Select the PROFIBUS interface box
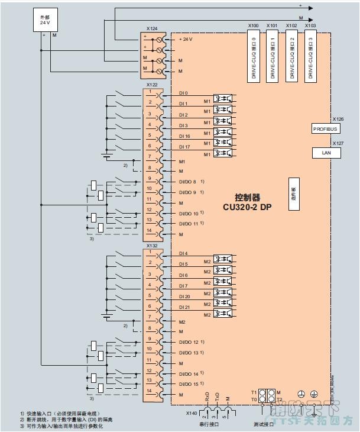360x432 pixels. [x=326, y=128]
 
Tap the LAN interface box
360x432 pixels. [x=326, y=153]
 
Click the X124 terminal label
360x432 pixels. [x=152, y=28]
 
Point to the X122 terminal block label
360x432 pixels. [x=152, y=85]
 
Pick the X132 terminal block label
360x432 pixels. [x=152, y=244]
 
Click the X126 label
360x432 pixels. [x=338, y=119]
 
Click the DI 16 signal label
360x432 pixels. [x=184, y=136]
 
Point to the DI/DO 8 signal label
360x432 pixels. [x=187, y=182]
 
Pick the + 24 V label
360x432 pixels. [x=186, y=39]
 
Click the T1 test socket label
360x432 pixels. [x=254, y=392]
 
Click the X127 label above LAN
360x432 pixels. [x=338, y=143]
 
